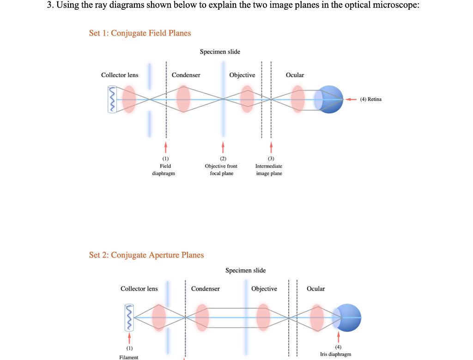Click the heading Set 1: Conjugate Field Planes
pos(139,33)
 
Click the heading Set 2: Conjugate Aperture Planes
pos(146,255)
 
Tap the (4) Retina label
pos(371,99)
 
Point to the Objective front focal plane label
pos(221,170)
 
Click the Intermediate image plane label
pos(269,170)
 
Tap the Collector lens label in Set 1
pos(120,75)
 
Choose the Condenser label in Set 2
pos(206,289)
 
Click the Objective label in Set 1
pos(242,75)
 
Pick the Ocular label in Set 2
pos(316,289)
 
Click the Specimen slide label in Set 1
pos(220,52)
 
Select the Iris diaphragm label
pos(335,354)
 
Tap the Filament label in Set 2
pos(128,357)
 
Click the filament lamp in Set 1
pos(112,99)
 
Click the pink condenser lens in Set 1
pos(183,99)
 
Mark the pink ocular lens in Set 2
pos(317,318)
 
